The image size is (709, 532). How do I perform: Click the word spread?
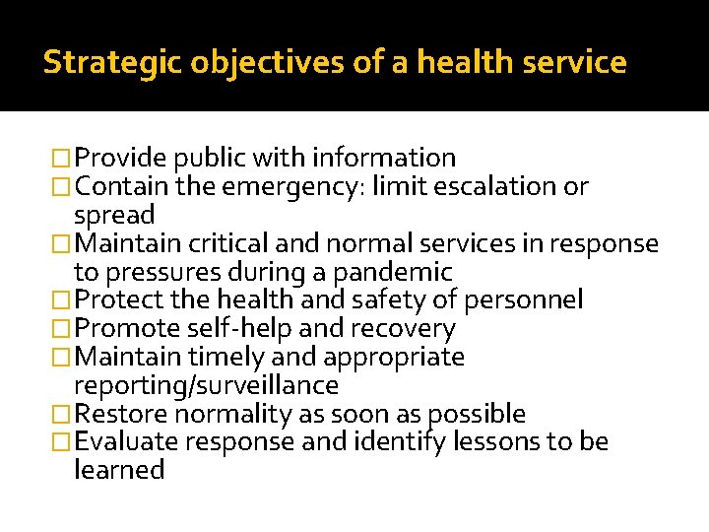point(114,215)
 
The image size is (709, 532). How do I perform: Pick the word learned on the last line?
point(119,470)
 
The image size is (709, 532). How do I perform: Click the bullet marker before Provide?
point(63,159)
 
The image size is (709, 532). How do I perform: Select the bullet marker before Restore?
point(63,415)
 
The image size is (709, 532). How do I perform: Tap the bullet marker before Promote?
point(63,329)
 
